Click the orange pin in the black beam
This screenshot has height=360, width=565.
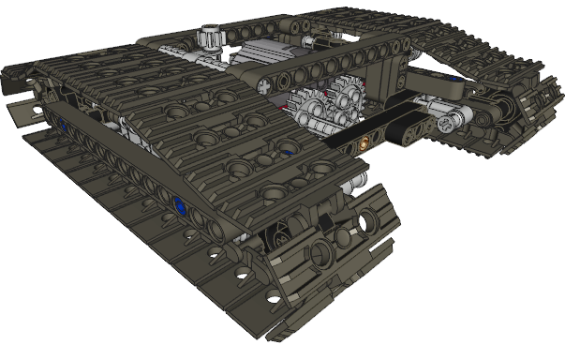(x=363, y=145)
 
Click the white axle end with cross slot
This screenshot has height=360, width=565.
(x=458, y=119)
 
